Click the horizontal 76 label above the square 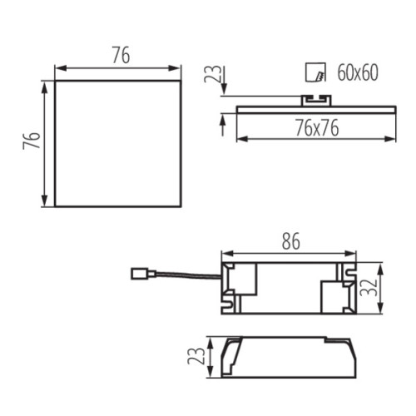pyautogui.click(x=121, y=56)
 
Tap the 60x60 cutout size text pyautogui.click(x=357, y=73)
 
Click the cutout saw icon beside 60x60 pyautogui.click(x=314, y=73)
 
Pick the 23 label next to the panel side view pyautogui.click(x=213, y=77)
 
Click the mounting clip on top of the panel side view pyautogui.click(x=314, y=100)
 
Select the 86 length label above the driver pyautogui.click(x=288, y=241)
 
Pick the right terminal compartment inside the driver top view pyautogui.click(x=337, y=294)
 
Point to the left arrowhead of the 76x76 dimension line pyautogui.click(x=240, y=137)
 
